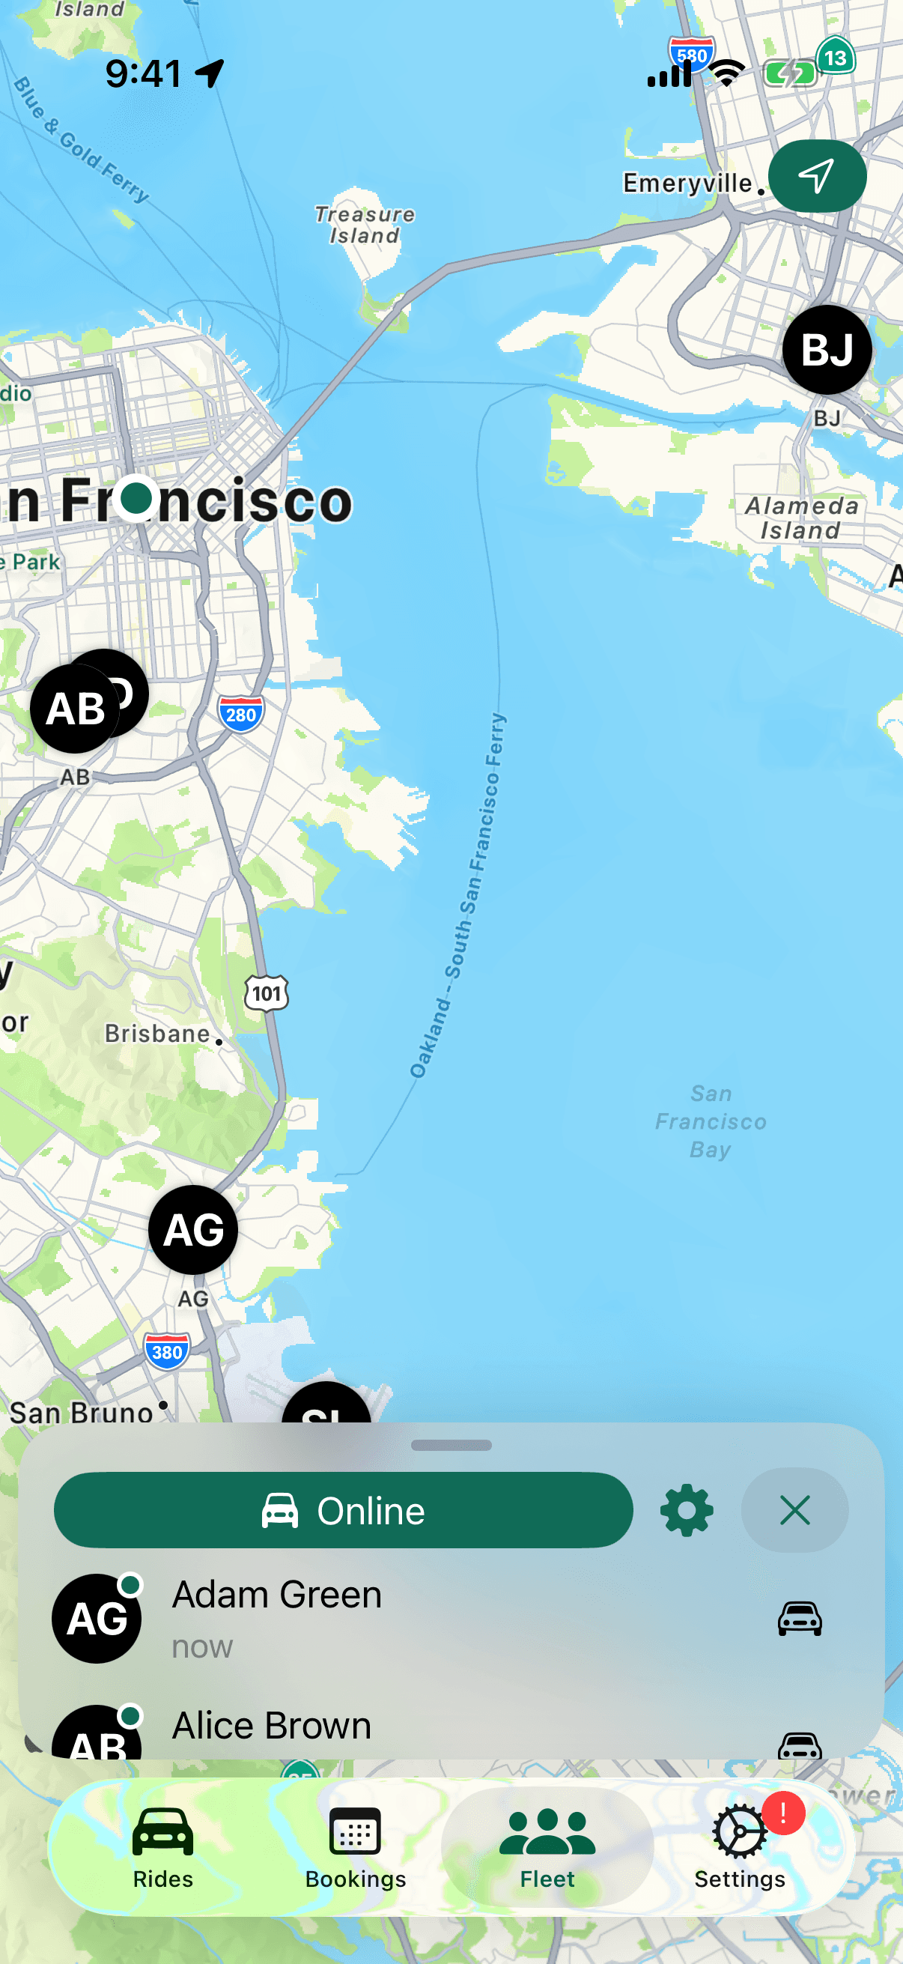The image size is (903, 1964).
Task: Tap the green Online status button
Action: click(x=343, y=1510)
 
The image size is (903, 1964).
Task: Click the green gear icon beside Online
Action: click(x=687, y=1510)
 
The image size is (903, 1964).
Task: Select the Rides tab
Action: click(x=162, y=1846)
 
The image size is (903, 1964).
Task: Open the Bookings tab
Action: click(x=355, y=1846)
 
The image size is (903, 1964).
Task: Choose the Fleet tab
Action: click(x=547, y=1846)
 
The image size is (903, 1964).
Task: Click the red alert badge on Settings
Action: click(x=783, y=1813)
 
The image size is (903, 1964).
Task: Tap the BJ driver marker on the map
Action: click(x=827, y=350)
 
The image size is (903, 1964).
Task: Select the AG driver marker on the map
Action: click(x=192, y=1230)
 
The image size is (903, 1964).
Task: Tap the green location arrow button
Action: click(x=817, y=176)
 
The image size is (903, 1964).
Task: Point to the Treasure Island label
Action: click(x=365, y=225)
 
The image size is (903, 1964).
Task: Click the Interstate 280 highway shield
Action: click(x=241, y=714)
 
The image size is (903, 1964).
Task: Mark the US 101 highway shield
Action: click(x=267, y=993)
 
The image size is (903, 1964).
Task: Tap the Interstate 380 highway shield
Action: click(x=167, y=1352)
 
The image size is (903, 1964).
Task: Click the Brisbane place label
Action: click(x=158, y=1034)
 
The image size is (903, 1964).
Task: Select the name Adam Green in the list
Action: click(x=277, y=1594)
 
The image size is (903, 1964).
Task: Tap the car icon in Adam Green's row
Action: click(x=800, y=1618)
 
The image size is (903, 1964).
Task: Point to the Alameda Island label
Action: click(x=801, y=518)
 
